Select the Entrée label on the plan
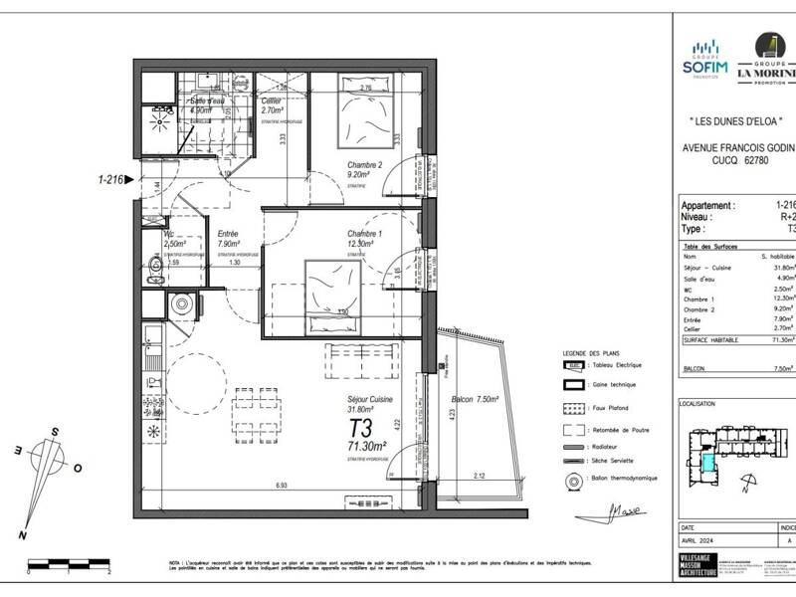227,235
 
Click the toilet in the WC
152,265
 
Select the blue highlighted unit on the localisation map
707,461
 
